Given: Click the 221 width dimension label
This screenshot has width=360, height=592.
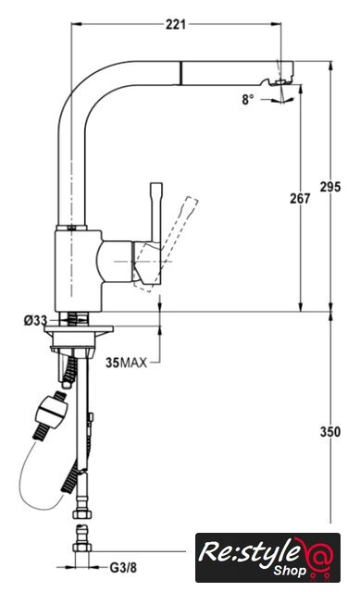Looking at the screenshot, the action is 176,25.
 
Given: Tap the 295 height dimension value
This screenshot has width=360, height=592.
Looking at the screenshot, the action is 330,187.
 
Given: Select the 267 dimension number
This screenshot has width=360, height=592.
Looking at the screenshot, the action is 300,198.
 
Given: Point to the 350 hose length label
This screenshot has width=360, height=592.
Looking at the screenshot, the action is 330,432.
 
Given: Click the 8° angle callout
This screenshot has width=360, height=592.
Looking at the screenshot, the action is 248,99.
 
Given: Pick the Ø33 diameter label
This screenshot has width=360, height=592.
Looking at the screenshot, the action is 36,321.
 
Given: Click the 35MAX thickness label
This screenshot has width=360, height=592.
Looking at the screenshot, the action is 126,363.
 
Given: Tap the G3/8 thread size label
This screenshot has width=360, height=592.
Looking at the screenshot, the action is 123,567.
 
